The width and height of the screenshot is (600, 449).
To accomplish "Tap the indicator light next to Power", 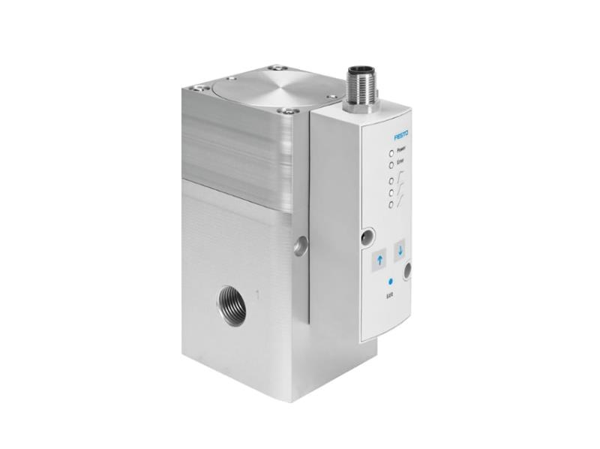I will (390, 151).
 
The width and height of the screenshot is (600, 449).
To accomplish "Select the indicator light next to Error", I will (390, 164).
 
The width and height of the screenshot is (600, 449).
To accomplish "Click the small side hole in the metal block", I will (300, 245).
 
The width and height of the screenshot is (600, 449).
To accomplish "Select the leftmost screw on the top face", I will (198, 89).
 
